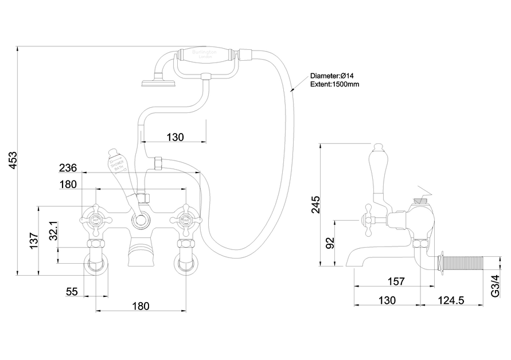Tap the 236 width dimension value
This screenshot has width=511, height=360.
[x=68, y=168]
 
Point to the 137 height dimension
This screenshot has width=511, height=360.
[x=33, y=240]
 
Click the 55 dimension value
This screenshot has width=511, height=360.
[x=72, y=292]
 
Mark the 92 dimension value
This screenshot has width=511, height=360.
[x=330, y=243]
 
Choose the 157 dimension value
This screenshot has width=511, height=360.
[x=395, y=281]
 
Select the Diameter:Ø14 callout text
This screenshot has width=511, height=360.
[x=334, y=76]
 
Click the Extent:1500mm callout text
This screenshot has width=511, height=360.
[x=335, y=84]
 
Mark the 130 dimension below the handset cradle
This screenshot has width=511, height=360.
[x=175, y=137]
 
